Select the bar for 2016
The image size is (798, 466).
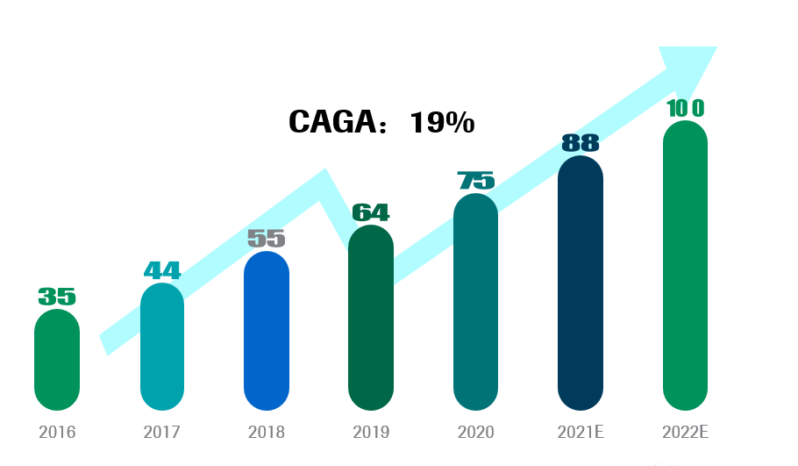coord(57,360)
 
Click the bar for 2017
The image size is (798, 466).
coord(162,347)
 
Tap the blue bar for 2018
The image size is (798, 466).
coord(267,331)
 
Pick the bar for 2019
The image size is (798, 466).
coord(371,318)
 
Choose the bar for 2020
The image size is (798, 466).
coord(475,302)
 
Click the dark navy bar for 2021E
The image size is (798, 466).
coord(581,283)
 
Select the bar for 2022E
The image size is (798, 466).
coord(685,265)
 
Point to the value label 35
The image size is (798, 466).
coord(57,297)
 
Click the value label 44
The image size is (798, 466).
coord(162,270)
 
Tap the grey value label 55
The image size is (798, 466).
coord(267,238)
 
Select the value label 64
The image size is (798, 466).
coord(371,212)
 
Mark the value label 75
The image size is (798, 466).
coord(476,181)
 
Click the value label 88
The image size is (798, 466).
coord(581,143)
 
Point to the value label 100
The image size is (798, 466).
coord(685,108)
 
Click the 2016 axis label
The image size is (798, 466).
coord(57,433)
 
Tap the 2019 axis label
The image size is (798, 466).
coord(371,433)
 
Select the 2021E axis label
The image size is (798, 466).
coord(581,433)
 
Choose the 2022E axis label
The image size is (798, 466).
coord(685,433)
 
